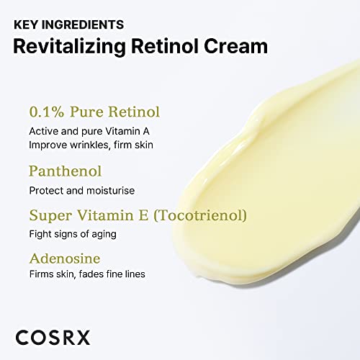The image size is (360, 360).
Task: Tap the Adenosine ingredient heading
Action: pyautogui.click(x=64, y=257)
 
